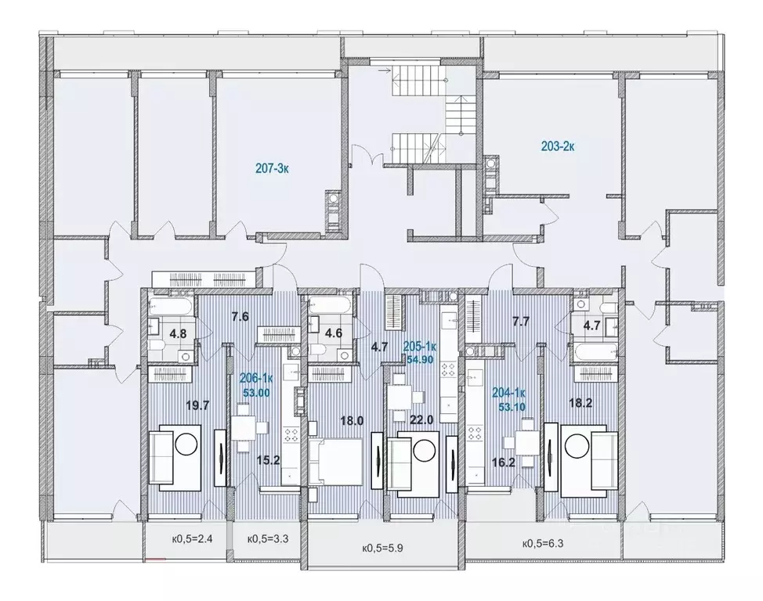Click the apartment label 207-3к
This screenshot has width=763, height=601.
(272, 167)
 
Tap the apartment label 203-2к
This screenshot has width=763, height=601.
(559, 146)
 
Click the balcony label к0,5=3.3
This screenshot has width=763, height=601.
(266, 538)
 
